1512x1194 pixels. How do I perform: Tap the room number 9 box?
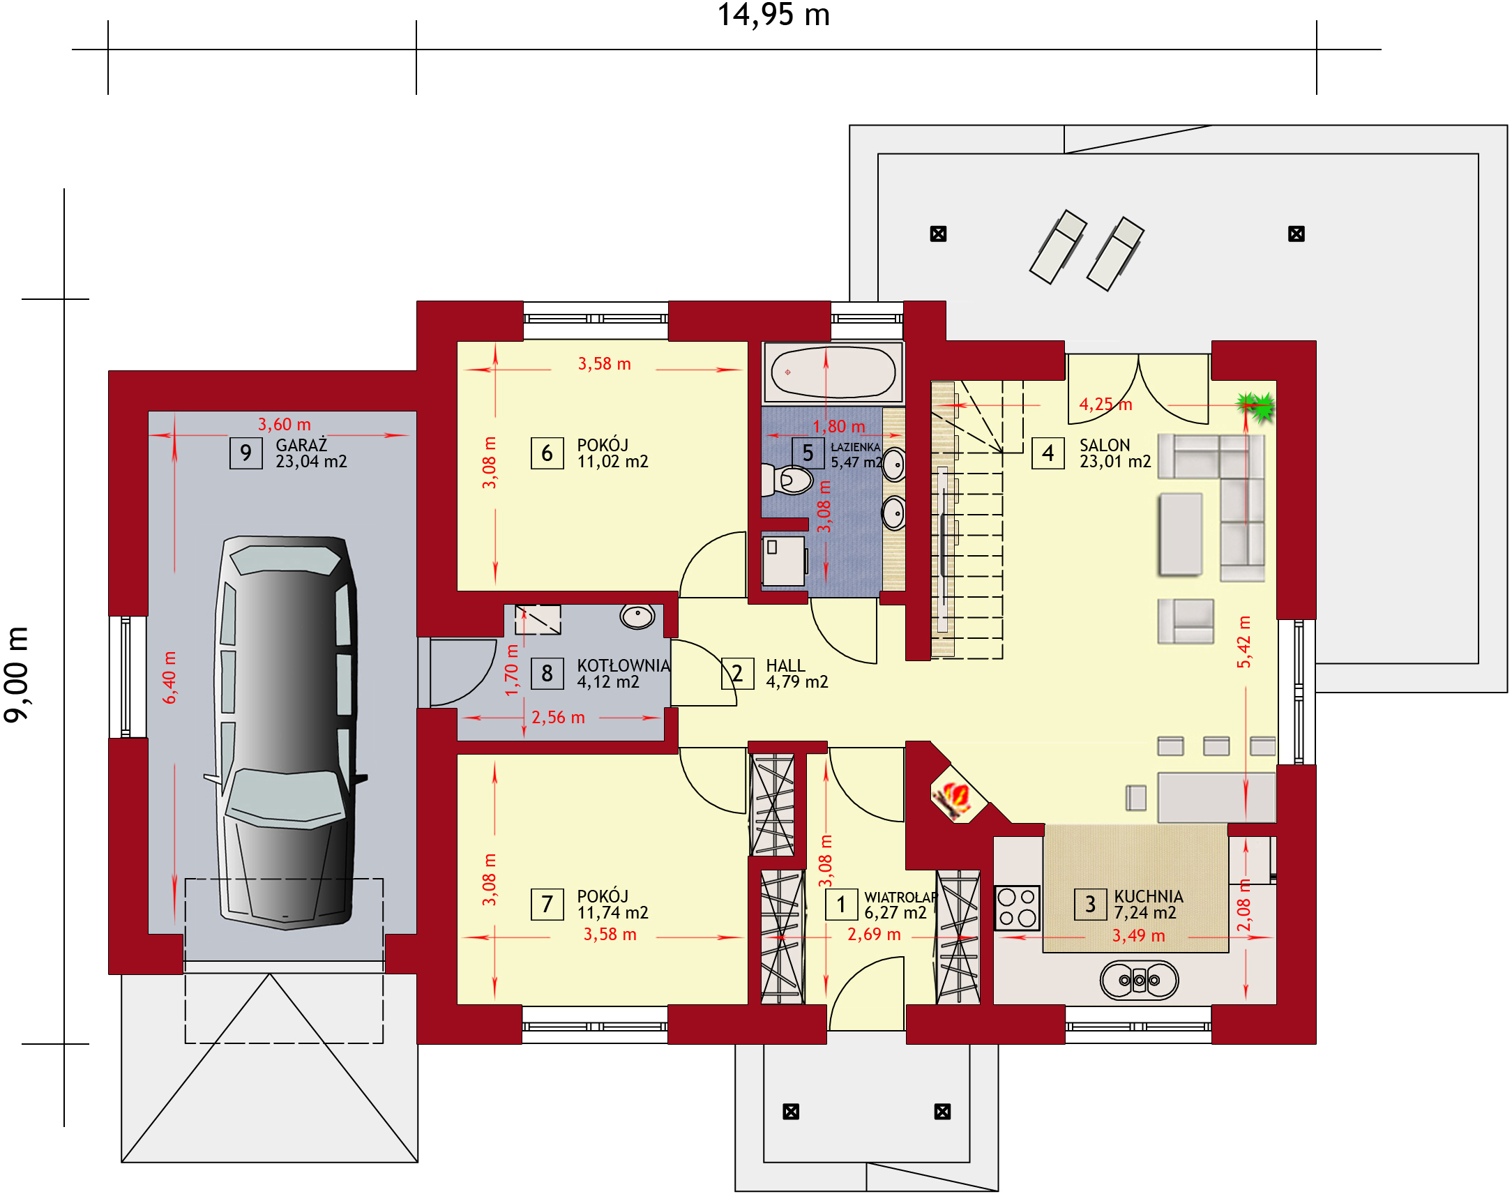click(246, 453)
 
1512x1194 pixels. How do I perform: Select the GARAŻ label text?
click(301, 445)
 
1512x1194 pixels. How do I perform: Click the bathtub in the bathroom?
click(833, 372)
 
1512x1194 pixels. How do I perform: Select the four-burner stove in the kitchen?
click(1017, 907)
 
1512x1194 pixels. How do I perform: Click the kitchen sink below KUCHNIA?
click(1139, 980)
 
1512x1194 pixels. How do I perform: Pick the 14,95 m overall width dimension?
click(773, 15)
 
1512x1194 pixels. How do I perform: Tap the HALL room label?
click(785, 665)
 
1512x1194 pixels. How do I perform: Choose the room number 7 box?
click(547, 905)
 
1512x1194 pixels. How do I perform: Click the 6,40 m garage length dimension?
click(170, 677)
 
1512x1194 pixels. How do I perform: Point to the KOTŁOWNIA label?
click(623, 665)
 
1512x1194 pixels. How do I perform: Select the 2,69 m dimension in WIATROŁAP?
click(874, 935)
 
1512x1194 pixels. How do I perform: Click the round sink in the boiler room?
click(637, 617)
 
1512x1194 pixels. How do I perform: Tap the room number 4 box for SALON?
click(1048, 453)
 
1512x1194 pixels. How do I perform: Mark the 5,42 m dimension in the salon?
click(1244, 642)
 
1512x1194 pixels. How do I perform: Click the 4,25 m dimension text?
click(1105, 404)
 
